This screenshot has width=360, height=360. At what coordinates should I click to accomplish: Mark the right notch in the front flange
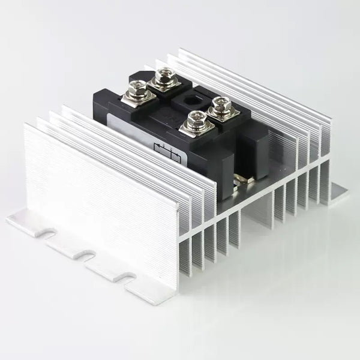[x=127, y=277]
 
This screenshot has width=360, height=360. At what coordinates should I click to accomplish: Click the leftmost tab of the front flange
[x=24, y=220]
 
